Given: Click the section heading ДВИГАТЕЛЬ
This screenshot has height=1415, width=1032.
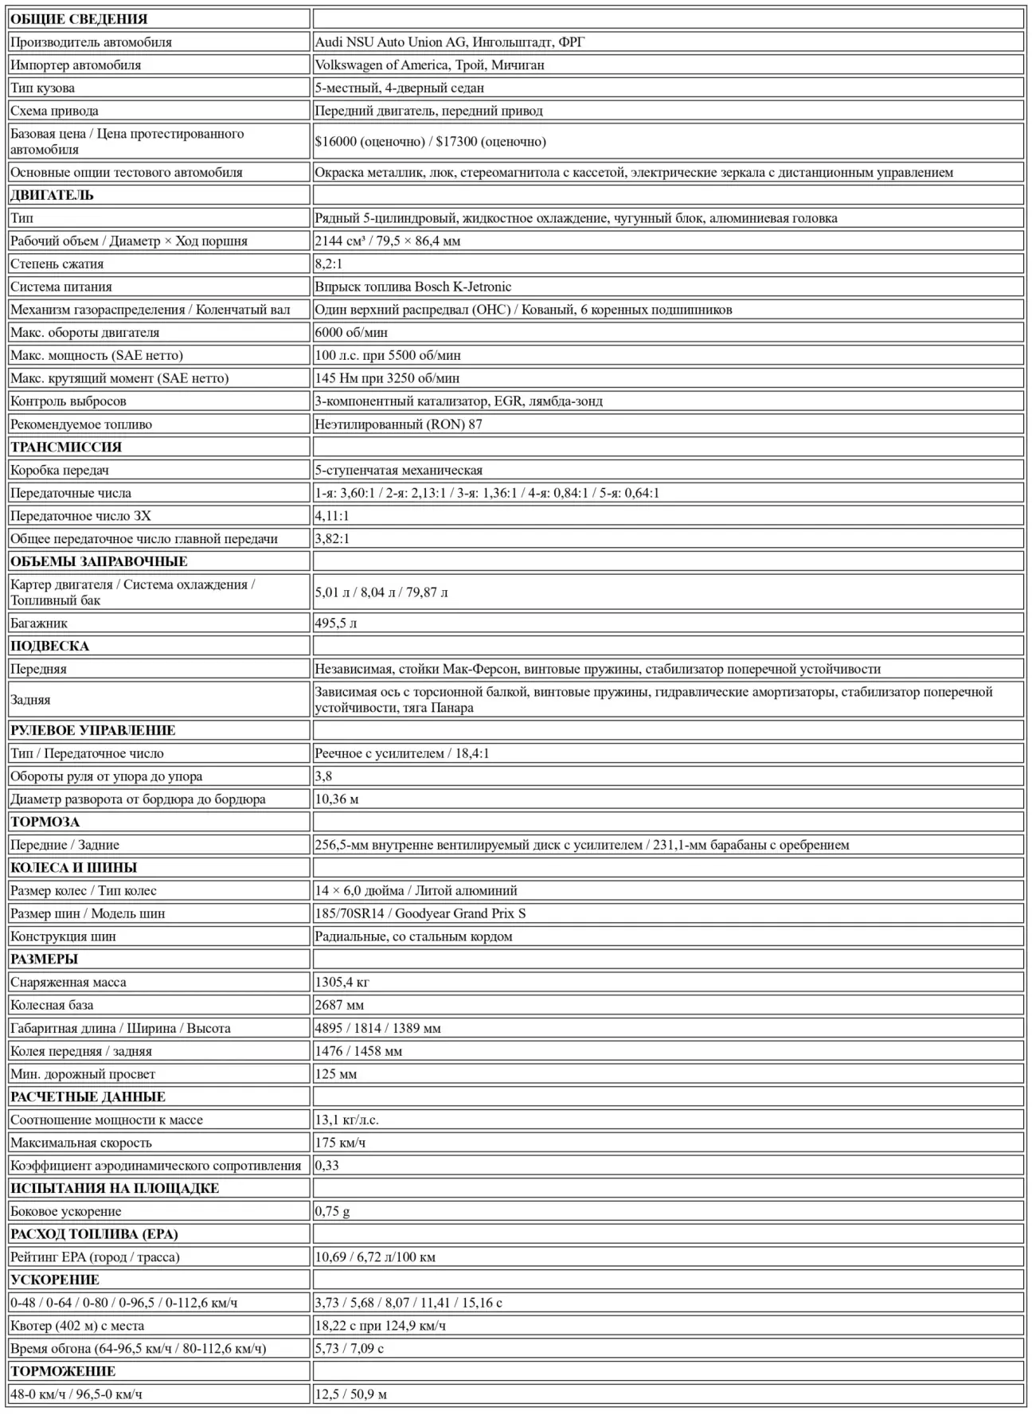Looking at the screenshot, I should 52,195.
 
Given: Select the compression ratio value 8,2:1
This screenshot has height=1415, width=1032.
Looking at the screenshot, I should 330,264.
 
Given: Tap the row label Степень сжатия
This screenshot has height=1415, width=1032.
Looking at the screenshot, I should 57,264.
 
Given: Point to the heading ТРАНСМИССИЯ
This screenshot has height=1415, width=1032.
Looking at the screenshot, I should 67,447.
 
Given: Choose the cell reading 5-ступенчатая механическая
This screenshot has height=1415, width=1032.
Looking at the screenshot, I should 398,470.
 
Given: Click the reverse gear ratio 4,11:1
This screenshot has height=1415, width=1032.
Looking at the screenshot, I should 332,515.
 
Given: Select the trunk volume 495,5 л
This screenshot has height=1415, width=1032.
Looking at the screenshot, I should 335,623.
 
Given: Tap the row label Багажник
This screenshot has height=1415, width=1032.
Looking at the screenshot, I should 38,623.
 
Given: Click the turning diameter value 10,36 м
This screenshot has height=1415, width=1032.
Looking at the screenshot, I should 336,799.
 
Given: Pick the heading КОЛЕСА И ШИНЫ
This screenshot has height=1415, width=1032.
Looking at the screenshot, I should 73,867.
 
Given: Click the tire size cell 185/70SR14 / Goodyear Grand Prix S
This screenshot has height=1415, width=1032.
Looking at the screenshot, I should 420,913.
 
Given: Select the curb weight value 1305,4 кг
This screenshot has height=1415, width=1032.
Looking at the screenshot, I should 342,982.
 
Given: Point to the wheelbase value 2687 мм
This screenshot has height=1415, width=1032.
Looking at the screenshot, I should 339,1005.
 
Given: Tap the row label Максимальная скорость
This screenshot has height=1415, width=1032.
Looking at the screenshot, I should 80,1142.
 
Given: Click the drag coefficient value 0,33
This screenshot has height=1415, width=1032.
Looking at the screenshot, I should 326,1165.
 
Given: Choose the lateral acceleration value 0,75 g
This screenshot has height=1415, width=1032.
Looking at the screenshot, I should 332,1210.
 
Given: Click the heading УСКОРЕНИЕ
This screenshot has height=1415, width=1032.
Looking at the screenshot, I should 55,1280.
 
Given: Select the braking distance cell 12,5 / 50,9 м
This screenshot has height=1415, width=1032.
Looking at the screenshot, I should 350,1394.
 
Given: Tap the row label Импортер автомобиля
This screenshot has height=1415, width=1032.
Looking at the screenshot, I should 76,64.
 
